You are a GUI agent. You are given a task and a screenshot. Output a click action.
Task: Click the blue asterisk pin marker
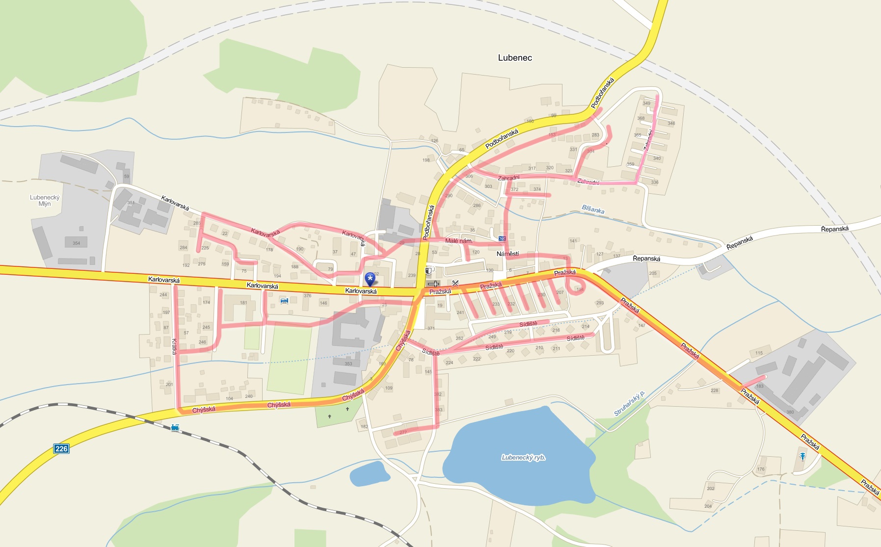point(370,279)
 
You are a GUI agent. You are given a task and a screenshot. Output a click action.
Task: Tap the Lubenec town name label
point(515,57)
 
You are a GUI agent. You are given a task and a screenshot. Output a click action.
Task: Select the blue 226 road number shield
point(61,448)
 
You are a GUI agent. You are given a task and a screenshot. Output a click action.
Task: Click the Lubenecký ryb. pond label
point(523,457)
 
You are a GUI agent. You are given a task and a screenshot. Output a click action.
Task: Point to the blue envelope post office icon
point(502,238)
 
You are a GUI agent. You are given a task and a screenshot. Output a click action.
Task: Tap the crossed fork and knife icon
point(455,283)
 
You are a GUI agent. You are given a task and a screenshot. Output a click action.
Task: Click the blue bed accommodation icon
point(284,300)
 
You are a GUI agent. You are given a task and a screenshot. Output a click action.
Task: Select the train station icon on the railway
point(175,427)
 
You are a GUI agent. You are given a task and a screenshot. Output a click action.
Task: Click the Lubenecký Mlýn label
point(45,200)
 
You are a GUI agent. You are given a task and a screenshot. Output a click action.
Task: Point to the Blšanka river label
point(593,209)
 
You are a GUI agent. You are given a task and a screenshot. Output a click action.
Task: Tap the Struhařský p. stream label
point(629,403)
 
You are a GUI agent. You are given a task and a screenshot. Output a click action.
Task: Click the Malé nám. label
point(458,241)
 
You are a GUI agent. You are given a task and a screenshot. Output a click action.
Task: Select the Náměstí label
point(507,254)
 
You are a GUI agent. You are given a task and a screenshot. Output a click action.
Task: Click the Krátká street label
point(174,346)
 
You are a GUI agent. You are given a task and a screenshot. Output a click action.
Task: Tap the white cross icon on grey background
point(433,284)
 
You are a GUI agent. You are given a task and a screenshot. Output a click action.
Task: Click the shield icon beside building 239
point(428,270)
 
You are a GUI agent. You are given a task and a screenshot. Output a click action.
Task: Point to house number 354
point(76,243)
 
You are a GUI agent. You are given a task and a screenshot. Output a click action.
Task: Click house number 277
point(403,432)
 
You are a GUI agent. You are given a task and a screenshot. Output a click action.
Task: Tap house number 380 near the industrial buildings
point(790,412)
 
